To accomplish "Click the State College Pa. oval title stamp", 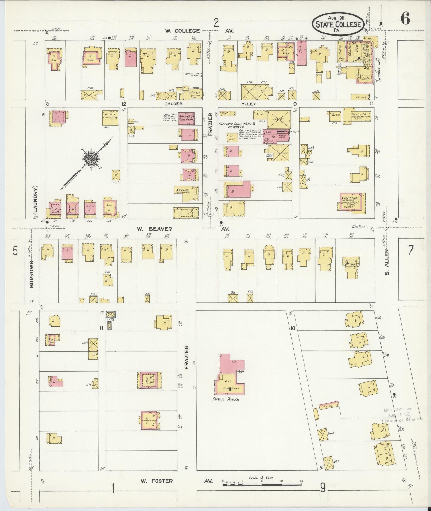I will tap(338, 24).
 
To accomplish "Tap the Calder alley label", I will tap(173, 104).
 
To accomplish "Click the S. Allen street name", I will tap(387, 262).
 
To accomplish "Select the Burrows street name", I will tap(32, 274).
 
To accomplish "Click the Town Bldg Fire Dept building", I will tap(187, 118).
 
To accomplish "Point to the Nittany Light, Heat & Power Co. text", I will tap(237, 126).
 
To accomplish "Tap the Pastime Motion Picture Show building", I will tap(356, 116).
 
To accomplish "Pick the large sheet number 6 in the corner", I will tap(405, 19).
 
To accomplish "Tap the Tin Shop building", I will tap(232, 137).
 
